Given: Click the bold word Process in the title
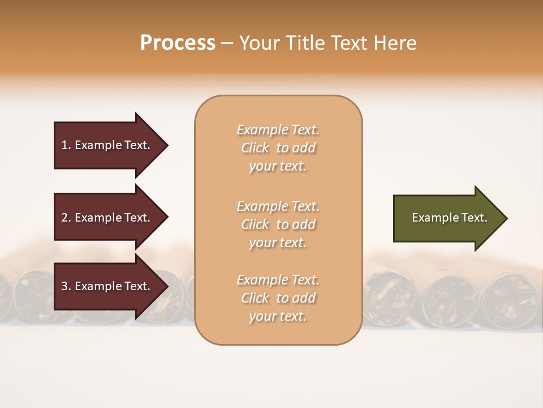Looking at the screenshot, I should [178, 43].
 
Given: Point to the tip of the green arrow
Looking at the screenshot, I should [506, 218].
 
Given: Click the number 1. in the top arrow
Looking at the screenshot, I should [66, 145].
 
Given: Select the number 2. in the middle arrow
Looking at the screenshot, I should [66, 218].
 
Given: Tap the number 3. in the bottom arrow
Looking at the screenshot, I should [66, 286].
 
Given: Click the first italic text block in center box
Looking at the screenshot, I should [278, 148].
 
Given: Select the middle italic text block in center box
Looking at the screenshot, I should [278, 224].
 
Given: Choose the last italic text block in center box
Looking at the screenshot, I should [278, 298].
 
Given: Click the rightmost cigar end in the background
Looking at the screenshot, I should [509, 295].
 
